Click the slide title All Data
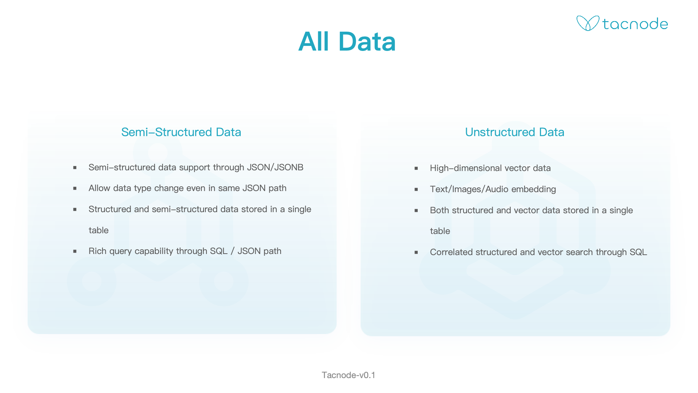[x=347, y=41]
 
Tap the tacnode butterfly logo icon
[x=587, y=23]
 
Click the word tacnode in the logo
[x=635, y=24]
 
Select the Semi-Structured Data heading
[x=181, y=132]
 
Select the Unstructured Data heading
[x=514, y=132]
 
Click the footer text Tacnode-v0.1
[x=348, y=375]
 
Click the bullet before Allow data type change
[x=75, y=188]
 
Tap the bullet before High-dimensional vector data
[x=416, y=168]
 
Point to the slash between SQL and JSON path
[x=232, y=251]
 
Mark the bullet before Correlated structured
[x=416, y=253]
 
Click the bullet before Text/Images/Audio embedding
[x=416, y=190]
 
